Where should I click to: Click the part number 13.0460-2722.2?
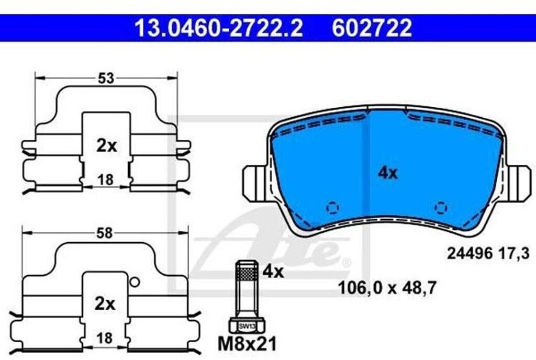(x=218, y=28)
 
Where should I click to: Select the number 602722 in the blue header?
(x=372, y=28)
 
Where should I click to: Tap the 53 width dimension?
(x=106, y=78)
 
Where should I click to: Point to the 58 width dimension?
(x=104, y=233)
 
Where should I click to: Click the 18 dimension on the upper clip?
(x=105, y=180)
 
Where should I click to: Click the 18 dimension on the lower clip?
(x=104, y=338)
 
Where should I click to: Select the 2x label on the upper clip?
(x=106, y=146)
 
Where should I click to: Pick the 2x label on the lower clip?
(x=105, y=303)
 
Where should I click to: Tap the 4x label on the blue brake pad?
(x=388, y=173)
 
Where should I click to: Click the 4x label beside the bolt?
(x=273, y=272)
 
